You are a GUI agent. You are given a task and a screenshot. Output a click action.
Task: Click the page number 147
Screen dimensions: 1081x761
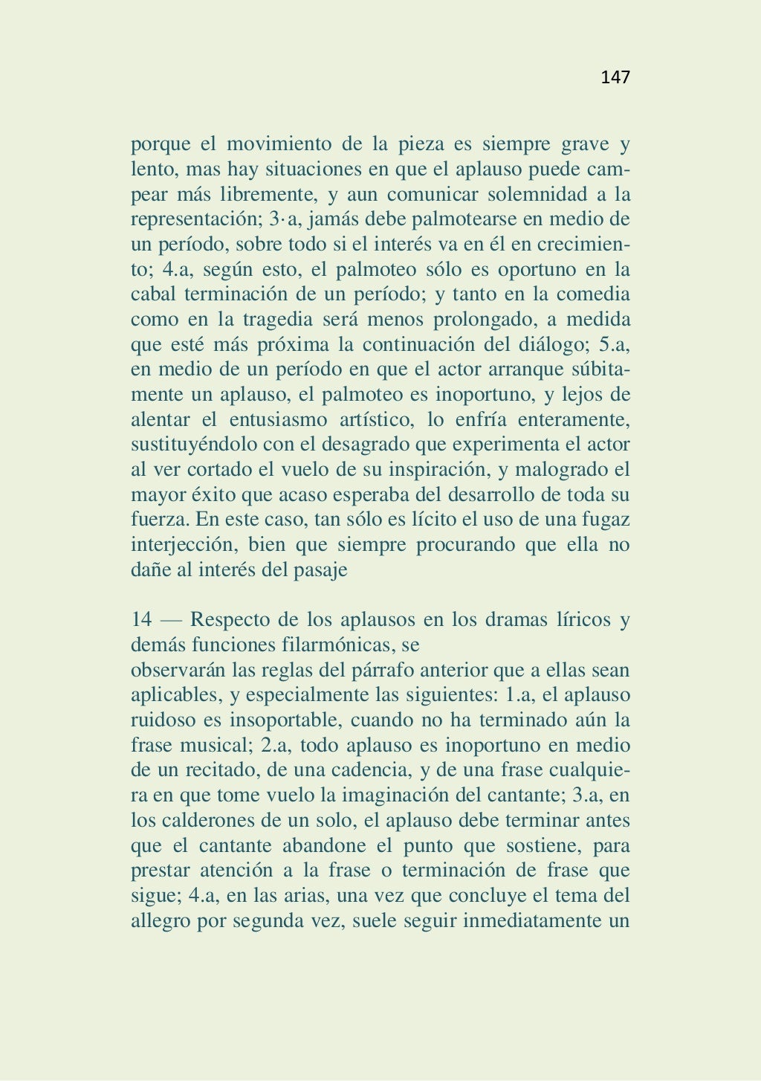[x=615, y=77]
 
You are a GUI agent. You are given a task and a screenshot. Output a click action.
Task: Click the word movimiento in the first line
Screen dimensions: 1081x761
[x=277, y=143]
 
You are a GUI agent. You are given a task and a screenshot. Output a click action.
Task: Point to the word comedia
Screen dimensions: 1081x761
[x=593, y=294]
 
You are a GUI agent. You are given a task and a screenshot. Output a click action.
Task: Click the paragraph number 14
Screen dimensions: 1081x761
[x=141, y=619]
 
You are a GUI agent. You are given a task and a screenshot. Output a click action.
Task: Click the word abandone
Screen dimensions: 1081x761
[x=325, y=846]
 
